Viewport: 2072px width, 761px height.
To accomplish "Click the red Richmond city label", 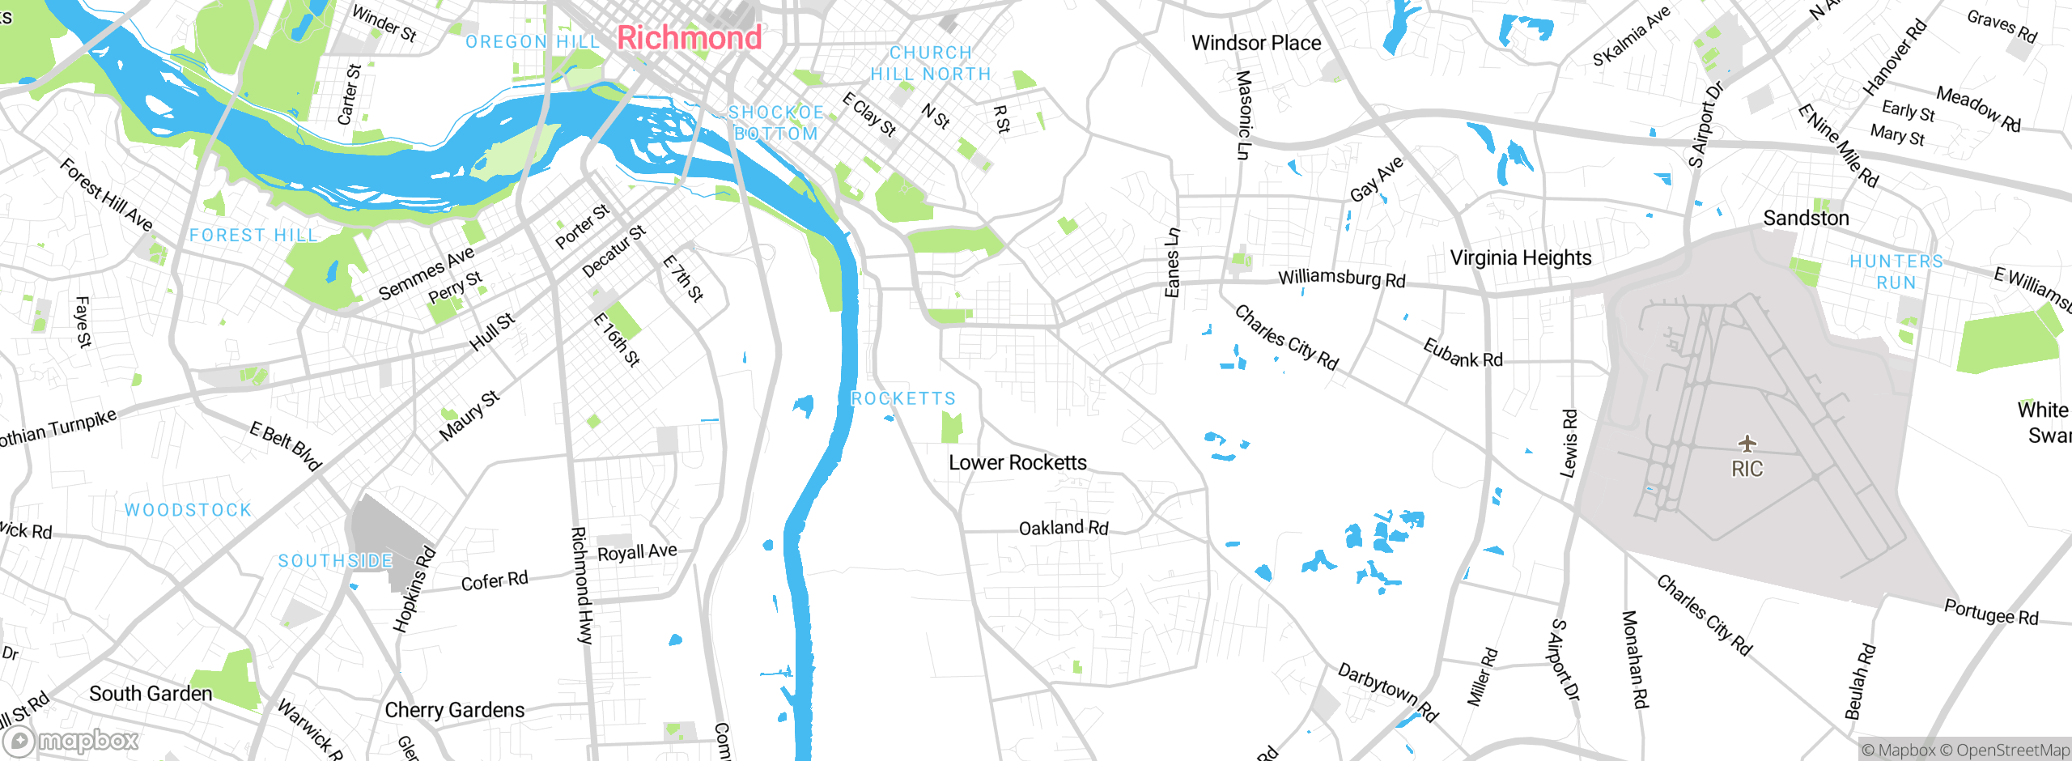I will [689, 38].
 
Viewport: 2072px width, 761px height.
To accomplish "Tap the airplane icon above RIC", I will [1747, 443].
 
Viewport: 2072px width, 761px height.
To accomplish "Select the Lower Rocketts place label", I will [1017, 462].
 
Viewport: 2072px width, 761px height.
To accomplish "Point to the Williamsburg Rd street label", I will [1341, 278].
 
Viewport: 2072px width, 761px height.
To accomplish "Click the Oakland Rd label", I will [1063, 529].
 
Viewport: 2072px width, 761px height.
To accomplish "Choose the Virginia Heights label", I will [1520, 258].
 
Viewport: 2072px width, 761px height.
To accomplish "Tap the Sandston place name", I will [1806, 219].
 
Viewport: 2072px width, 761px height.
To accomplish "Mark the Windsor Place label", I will [1255, 43].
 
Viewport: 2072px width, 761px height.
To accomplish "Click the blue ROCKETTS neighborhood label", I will [903, 398].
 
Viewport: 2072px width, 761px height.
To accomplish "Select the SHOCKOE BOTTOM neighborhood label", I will [775, 123].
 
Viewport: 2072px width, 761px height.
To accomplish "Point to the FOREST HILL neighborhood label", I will [253, 235].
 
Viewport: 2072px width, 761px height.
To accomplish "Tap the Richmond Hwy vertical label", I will [581, 585].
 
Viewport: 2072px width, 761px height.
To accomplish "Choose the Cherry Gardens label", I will [454, 710].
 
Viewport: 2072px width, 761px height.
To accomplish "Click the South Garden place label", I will [151, 694].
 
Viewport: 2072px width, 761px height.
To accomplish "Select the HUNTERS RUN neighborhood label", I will [1896, 272].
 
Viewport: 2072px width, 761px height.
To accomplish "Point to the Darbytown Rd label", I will [1386, 692].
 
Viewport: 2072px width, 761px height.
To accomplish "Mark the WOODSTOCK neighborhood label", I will [188, 510].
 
